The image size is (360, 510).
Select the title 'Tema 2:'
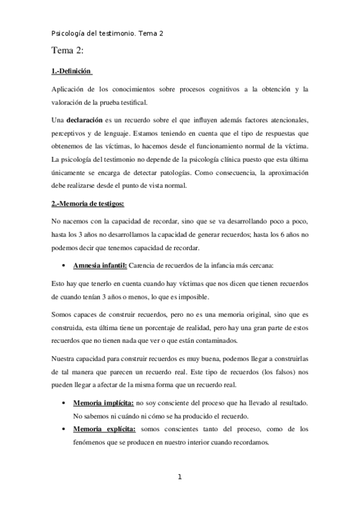click(x=72, y=52)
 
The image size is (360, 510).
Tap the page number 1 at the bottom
click(x=180, y=478)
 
